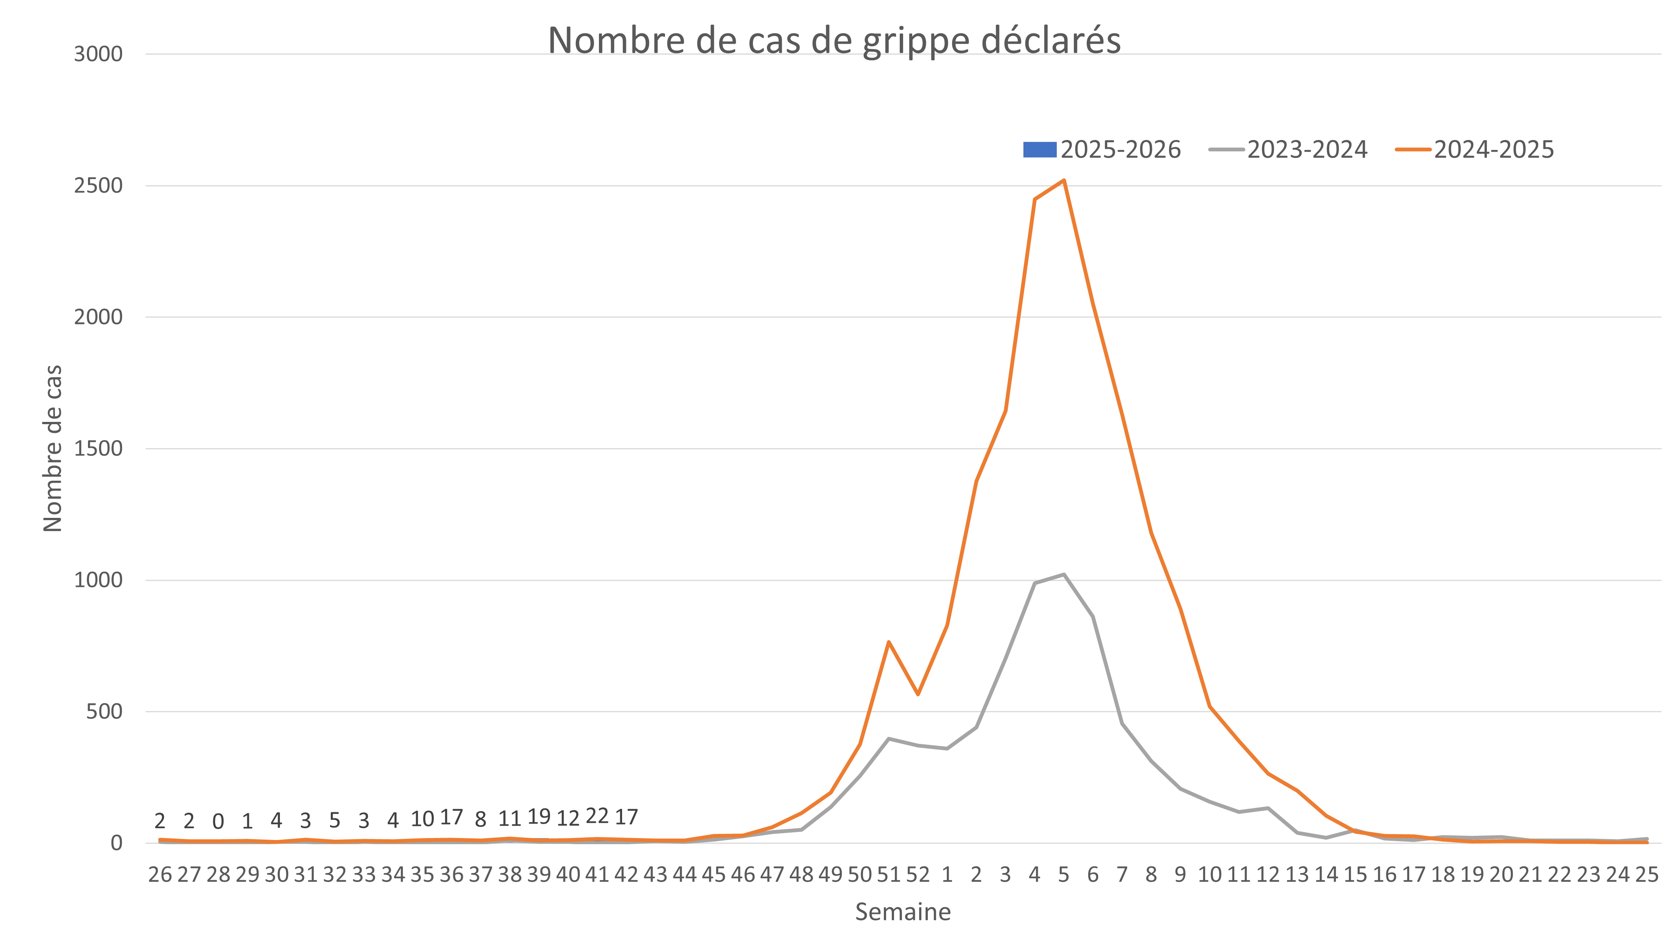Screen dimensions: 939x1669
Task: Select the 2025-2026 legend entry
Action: pos(1102,150)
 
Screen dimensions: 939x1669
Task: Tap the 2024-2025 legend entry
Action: pos(1475,150)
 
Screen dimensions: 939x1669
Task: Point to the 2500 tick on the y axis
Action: pos(98,186)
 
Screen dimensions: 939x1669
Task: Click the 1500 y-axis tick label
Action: pos(98,448)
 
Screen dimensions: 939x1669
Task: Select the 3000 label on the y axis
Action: pos(98,54)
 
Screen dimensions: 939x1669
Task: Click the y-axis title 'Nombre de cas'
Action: pos(52,448)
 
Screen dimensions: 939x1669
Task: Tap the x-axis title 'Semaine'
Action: pos(902,912)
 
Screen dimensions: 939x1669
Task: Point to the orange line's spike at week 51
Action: pos(888,642)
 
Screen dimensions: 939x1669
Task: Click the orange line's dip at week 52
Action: pos(918,695)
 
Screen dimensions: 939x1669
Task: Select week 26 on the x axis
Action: pos(160,875)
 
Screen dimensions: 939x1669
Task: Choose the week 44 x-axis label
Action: pos(684,875)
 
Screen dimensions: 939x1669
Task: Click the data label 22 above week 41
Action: pos(597,816)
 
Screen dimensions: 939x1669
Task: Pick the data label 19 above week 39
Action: pos(538,816)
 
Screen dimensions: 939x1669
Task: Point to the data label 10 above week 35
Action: pos(422,819)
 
